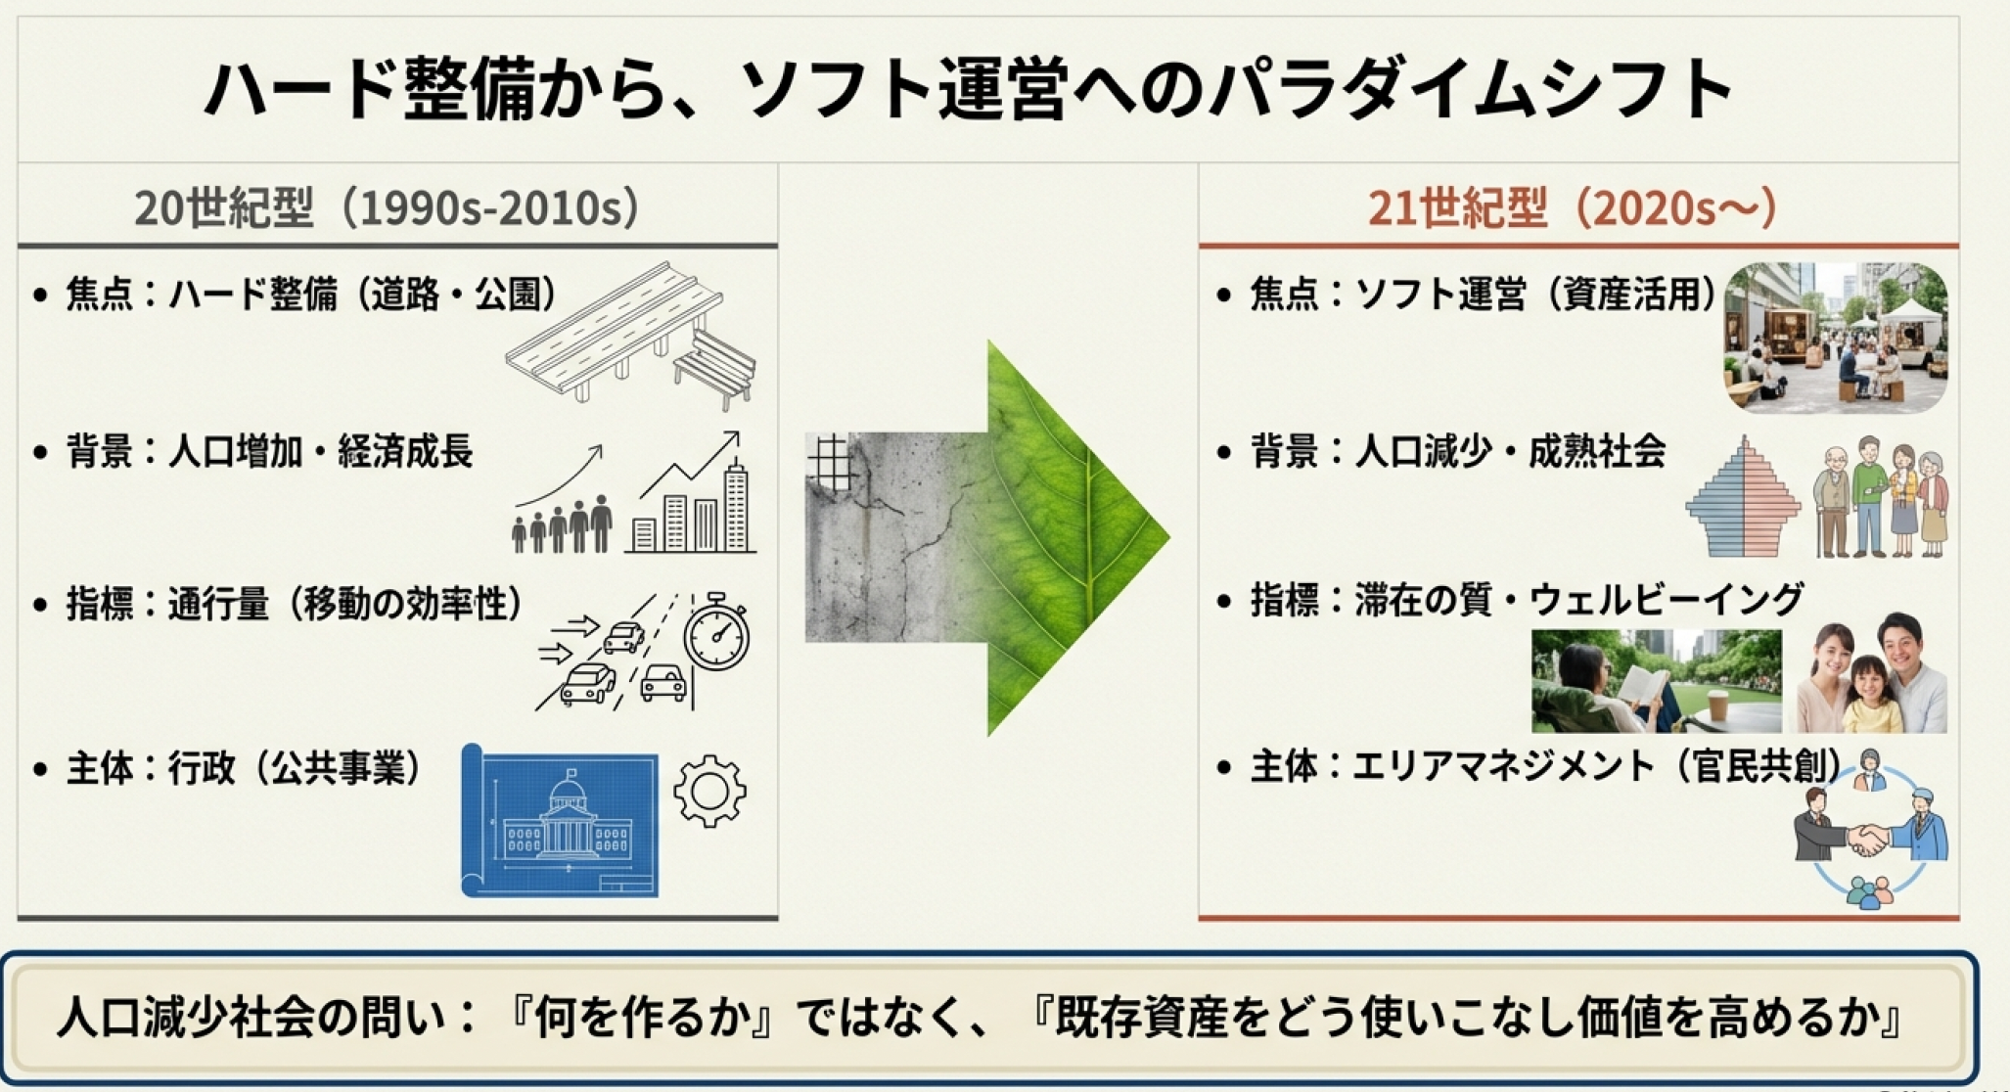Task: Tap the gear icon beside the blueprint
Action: (710, 791)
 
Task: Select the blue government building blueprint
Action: (560, 821)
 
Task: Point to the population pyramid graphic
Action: (1743, 498)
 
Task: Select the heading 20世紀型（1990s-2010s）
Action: (388, 207)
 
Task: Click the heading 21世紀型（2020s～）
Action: (1572, 207)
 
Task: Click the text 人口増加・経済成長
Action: (321, 452)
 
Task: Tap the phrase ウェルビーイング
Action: (1666, 600)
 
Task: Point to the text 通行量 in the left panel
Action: (218, 604)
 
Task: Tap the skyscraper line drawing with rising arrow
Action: (692, 493)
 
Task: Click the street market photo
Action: (1836, 338)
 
